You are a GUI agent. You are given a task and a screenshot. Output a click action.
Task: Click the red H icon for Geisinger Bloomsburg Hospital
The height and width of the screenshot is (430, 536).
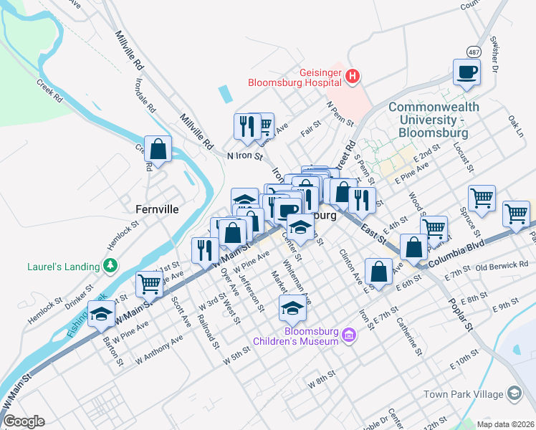(352, 75)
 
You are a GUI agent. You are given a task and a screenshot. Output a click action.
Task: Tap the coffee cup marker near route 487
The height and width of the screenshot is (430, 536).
(466, 72)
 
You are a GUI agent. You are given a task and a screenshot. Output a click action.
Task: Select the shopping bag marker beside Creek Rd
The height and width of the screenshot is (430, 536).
(158, 149)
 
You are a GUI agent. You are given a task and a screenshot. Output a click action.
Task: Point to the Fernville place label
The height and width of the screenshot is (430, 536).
(157, 210)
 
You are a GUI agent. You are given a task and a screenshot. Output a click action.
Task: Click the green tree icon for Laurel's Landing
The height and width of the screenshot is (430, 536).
(110, 267)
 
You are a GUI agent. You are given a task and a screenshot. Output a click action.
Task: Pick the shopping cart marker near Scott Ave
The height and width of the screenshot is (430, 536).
(149, 285)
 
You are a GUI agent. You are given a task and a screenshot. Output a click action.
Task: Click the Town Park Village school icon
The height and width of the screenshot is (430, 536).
(515, 393)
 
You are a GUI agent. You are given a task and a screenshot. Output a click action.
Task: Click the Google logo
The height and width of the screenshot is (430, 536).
(24, 421)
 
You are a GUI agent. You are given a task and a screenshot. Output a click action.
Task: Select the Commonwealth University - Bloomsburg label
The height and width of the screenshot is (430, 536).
(428, 120)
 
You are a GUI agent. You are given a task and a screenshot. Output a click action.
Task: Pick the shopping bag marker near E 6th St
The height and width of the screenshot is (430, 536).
(378, 272)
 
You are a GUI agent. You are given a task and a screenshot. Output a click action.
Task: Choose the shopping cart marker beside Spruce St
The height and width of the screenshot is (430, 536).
(482, 198)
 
